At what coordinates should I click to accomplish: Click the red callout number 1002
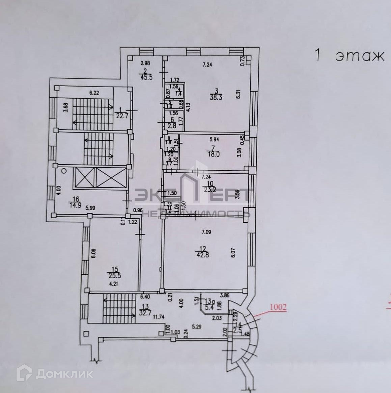[278, 308]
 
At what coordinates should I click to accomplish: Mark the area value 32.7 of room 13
[146, 313]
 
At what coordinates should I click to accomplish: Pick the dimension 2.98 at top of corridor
[145, 63]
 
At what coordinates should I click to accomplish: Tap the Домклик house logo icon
[26, 373]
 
